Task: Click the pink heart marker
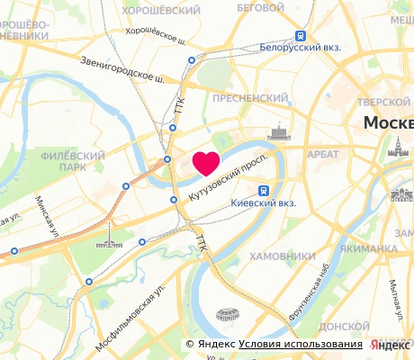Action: click(x=206, y=163)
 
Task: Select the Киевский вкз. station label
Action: click(x=287, y=202)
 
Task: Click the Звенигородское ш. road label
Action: click(x=121, y=68)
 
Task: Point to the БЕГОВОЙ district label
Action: click(x=255, y=7)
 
